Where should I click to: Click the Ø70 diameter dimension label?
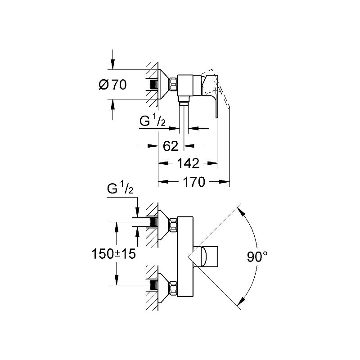pos(112,85)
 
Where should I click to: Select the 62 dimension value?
pos(171,146)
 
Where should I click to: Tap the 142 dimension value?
pos(188,163)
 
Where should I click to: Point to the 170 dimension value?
pos(194,182)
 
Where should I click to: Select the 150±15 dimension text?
pos(113,253)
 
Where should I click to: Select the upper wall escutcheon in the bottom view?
pos(164,222)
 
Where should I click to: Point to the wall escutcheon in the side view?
pos(164,84)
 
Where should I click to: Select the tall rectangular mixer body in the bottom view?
pos(185,256)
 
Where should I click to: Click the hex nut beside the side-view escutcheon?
pos(173,84)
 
